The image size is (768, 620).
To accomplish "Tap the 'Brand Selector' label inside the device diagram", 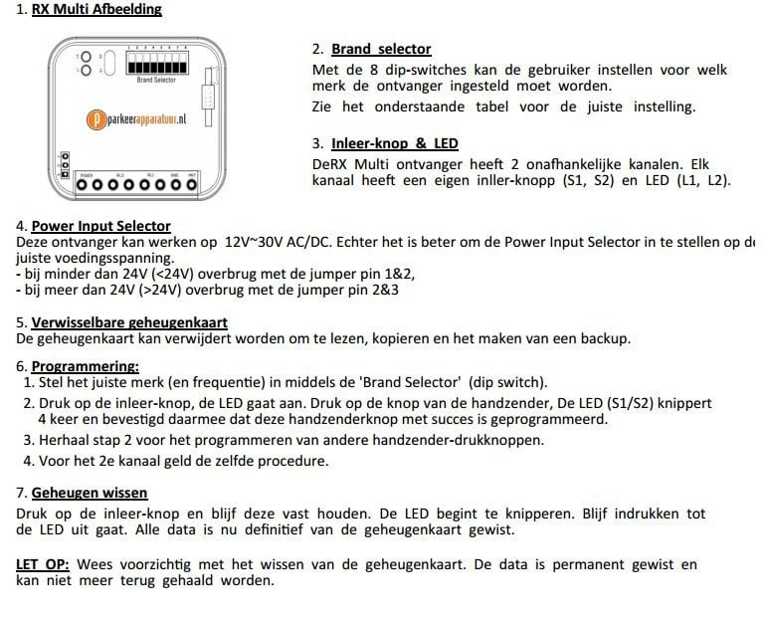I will [157, 80].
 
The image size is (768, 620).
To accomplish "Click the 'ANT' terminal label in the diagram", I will [192, 175].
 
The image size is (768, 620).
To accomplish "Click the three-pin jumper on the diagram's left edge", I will [65, 165].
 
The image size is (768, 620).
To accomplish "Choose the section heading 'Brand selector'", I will [381, 49].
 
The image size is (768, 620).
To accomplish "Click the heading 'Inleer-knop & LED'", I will [394, 143].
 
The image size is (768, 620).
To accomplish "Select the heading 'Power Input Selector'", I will [100, 226].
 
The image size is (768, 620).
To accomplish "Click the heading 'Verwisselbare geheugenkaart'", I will [129, 322].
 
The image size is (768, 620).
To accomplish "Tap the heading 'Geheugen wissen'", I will [90, 493].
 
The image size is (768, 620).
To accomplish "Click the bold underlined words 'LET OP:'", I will [42, 564].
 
